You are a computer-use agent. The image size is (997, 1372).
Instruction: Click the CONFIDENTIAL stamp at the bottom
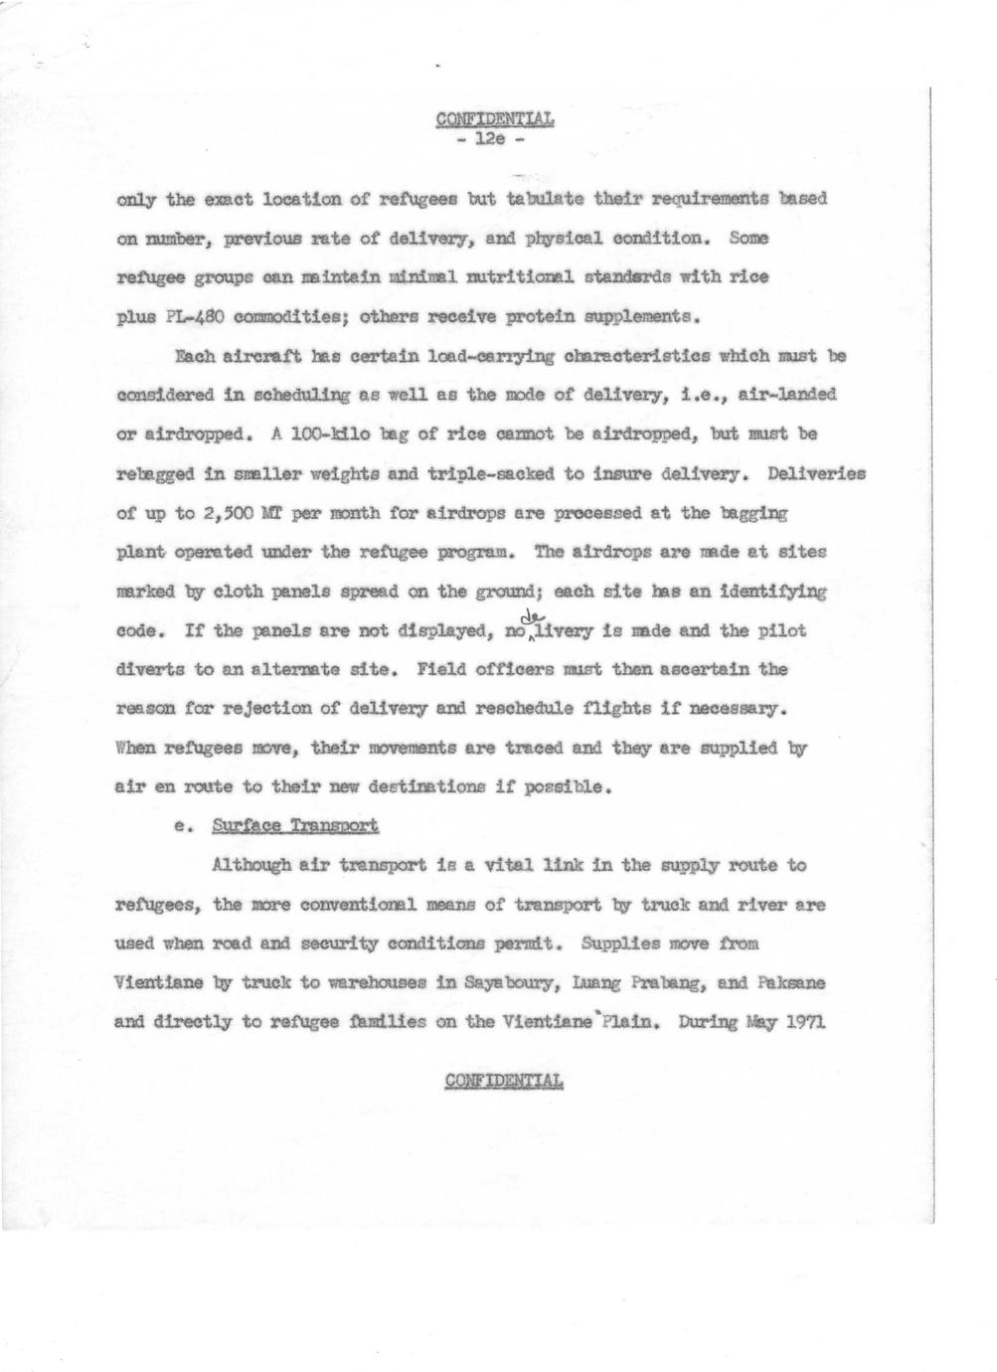[x=504, y=1081]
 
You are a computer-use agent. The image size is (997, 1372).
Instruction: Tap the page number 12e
[x=493, y=139]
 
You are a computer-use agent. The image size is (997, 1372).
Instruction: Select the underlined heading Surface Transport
[x=294, y=826]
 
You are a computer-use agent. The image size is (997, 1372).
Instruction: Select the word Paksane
[x=792, y=982]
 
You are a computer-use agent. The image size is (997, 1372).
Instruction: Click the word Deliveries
[x=816, y=474]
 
